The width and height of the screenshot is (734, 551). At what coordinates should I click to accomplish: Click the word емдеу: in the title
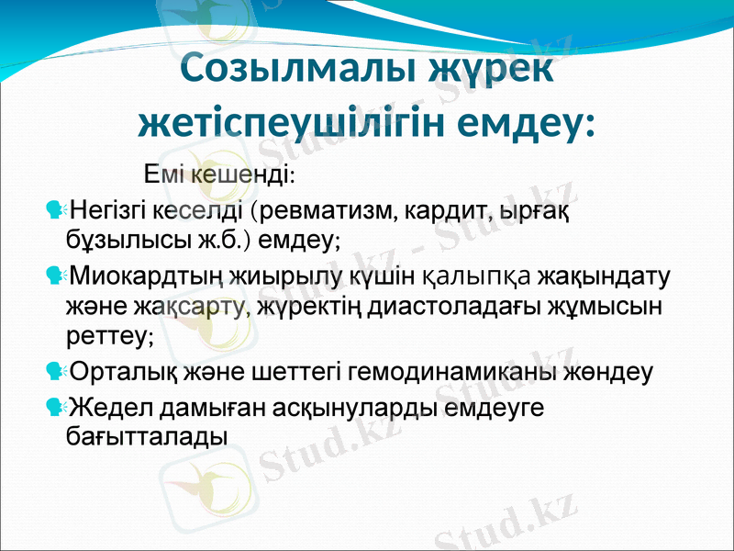point(531,121)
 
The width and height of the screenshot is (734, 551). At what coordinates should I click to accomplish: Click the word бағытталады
point(148,435)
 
